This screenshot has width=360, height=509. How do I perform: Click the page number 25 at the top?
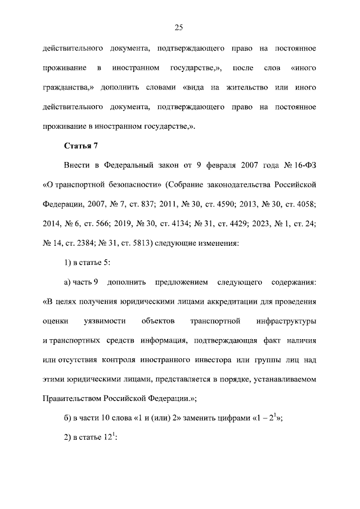tap(179, 27)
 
